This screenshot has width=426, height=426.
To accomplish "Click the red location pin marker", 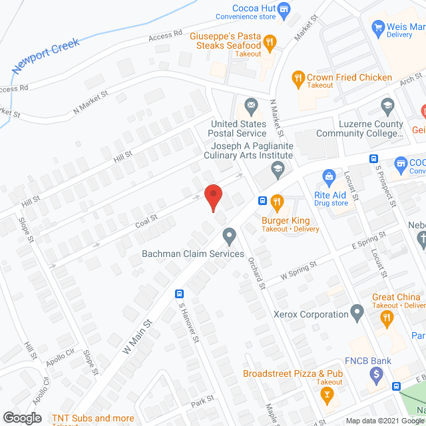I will pyautogui.click(x=213, y=198).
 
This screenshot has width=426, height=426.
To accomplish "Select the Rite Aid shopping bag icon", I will pyautogui.click(x=328, y=177).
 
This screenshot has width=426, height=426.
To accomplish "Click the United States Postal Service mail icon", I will pyautogui.click(x=252, y=105).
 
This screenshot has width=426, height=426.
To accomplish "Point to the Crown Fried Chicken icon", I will pyautogui.click(x=298, y=78).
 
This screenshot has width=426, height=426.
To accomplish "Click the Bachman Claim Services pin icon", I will pyautogui.click(x=230, y=235).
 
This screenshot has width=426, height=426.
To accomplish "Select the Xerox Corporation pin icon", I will pyautogui.click(x=357, y=312).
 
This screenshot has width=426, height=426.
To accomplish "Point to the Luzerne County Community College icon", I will pyautogui.click(x=387, y=105).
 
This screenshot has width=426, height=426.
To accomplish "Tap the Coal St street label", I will pyautogui.click(x=146, y=218).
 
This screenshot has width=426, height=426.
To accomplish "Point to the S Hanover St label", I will pyautogui.click(x=188, y=322).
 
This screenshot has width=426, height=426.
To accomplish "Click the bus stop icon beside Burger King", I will pyautogui.click(x=263, y=200).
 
